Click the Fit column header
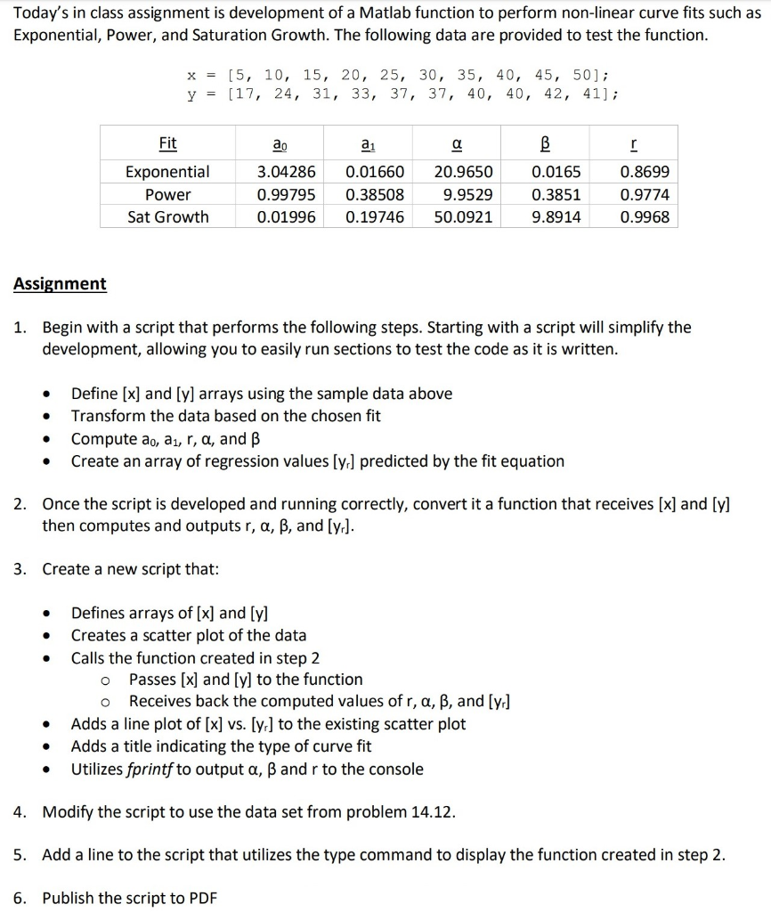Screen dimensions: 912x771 tap(167, 143)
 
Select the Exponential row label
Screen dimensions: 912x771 tap(167, 172)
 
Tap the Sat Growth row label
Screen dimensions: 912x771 tap(167, 216)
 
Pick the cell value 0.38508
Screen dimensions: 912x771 tap(374, 194)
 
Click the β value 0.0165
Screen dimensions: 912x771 tap(556, 172)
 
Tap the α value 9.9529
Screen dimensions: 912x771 tap(467, 194)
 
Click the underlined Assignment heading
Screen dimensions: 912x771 tap(60, 283)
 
